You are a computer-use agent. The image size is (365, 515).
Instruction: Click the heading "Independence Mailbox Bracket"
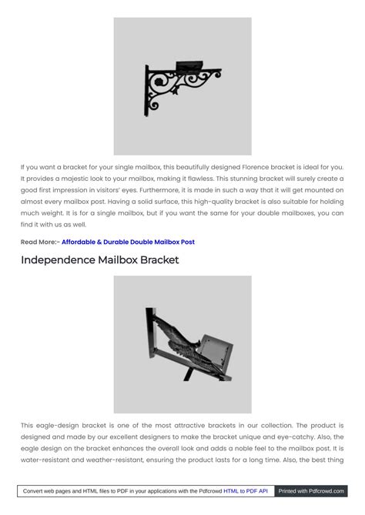pos(99,260)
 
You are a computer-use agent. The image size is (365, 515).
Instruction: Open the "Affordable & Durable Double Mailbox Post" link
pos(128,242)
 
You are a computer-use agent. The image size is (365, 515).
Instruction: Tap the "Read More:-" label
pos(40,242)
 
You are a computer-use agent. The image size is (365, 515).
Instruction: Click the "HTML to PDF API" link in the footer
pos(246,490)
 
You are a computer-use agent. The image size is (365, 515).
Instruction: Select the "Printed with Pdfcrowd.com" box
pos(310,490)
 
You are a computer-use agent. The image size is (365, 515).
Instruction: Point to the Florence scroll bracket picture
pos(182,86)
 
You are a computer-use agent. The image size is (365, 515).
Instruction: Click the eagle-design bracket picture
pos(182,344)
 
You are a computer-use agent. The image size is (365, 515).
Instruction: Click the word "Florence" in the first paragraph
pos(259,167)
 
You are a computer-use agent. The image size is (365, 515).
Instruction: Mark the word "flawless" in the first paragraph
pos(194,179)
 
